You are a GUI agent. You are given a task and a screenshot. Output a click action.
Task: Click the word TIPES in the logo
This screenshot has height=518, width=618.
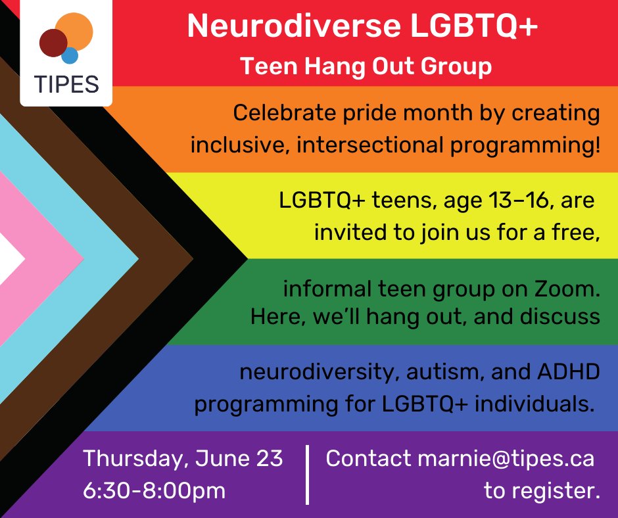(x=66, y=84)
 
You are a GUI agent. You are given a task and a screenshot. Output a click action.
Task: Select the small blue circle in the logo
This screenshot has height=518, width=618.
(x=70, y=55)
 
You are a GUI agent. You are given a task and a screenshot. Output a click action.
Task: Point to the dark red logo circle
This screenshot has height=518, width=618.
(x=53, y=43)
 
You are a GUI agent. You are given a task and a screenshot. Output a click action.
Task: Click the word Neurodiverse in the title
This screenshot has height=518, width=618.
(x=294, y=26)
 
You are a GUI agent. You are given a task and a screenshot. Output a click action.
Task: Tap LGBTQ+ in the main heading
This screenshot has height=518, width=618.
(x=474, y=26)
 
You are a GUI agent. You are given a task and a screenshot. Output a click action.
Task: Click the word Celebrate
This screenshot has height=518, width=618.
(x=285, y=113)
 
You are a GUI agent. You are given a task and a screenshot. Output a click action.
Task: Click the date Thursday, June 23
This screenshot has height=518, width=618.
(x=183, y=458)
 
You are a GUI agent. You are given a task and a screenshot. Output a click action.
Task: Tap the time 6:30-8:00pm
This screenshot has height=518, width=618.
(x=154, y=491)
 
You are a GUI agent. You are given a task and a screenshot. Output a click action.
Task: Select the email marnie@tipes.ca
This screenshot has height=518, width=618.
(x=506, y=459)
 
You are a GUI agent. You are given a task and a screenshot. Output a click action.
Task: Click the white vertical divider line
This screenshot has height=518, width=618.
(x=308, y=475)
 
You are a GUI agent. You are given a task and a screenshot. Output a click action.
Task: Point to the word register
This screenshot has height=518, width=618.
(x=556, y=491)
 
